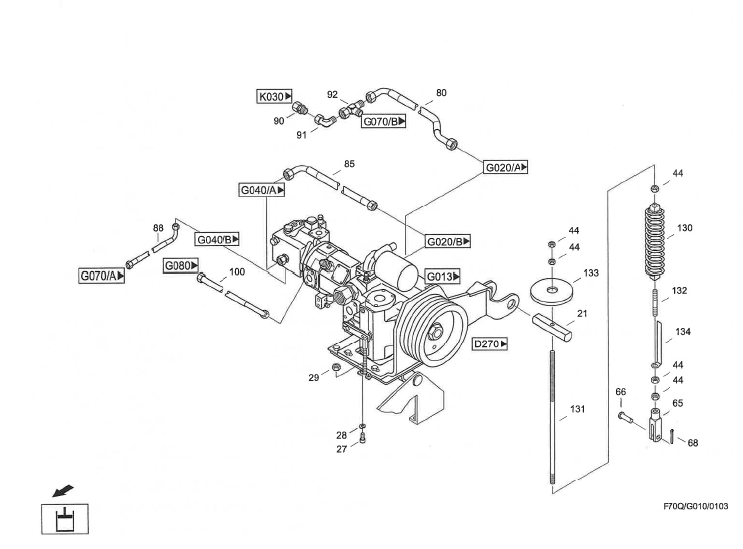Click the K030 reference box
pos(273,97)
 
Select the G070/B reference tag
pos(382,122)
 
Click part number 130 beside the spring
pos(684,228)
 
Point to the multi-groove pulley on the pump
pos(429,329)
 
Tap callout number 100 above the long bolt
pos(237,271)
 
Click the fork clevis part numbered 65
pos(657,427)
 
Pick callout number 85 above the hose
pos(349,163)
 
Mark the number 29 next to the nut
pos(313,378)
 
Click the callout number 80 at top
pos(441,93)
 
